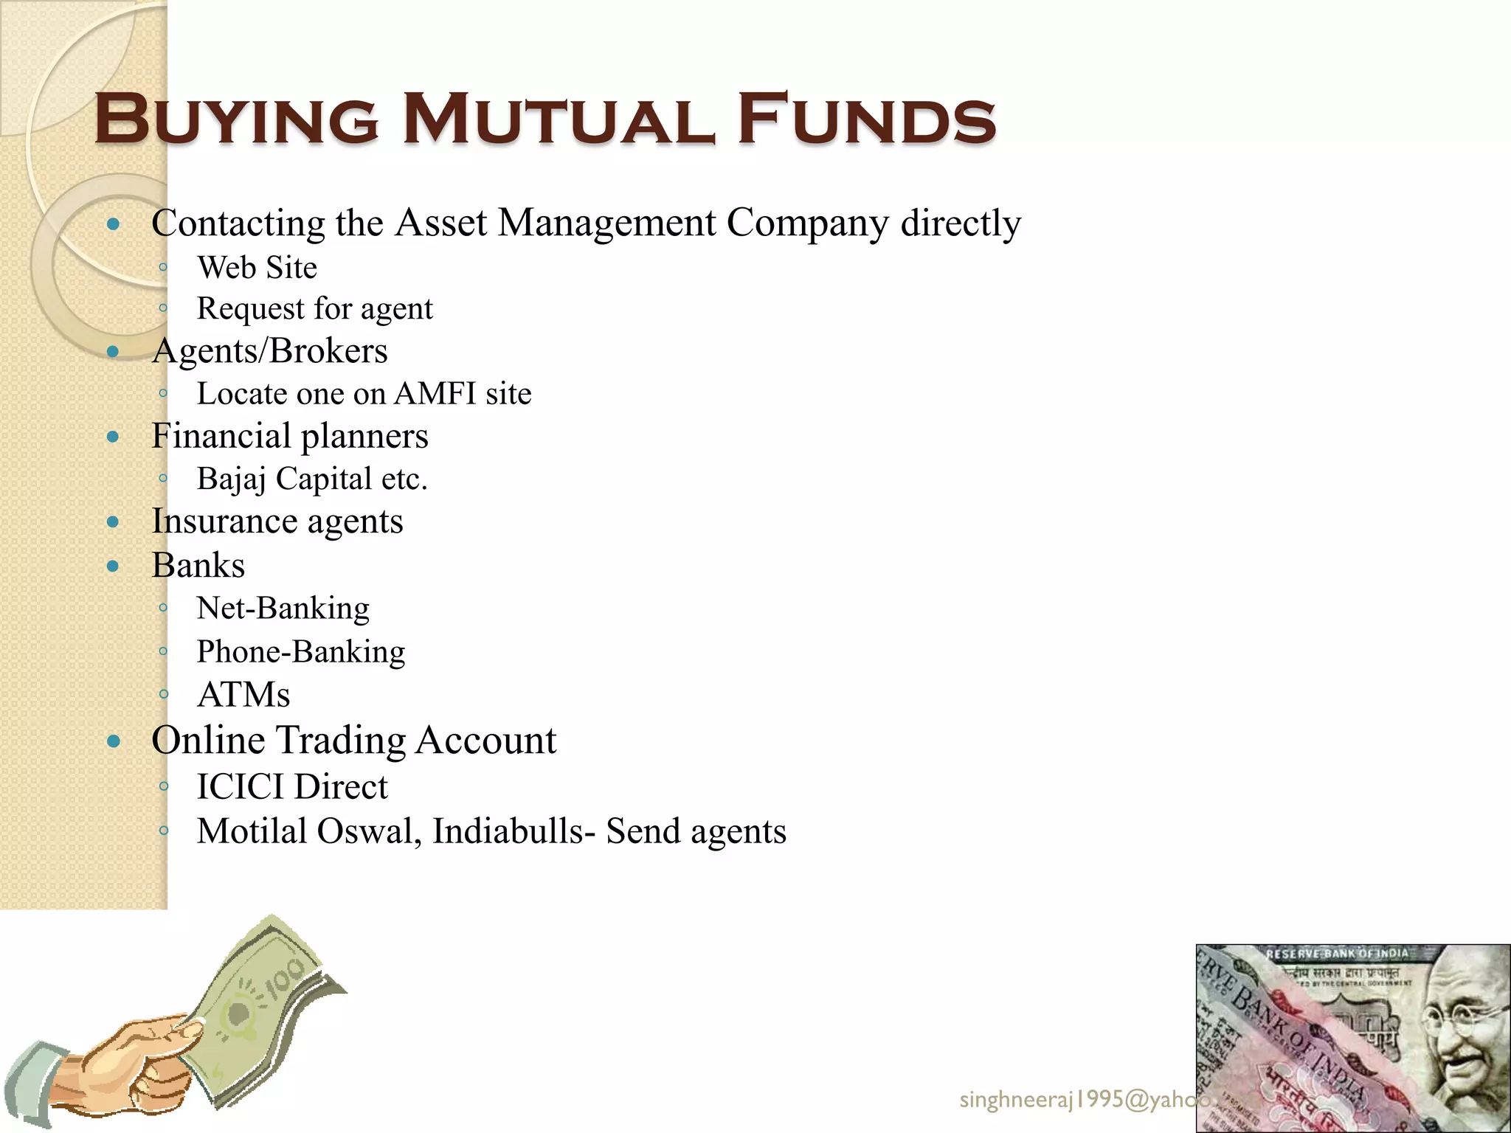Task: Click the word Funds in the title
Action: click(x=867, y=119)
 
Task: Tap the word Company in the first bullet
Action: click(x=807, y=223)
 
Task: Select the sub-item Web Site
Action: click(x=257, y=268)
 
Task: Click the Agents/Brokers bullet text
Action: click(x=269, y=351)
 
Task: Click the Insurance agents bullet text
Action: click(x=277, y=522)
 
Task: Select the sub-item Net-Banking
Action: click(x=283, y=609)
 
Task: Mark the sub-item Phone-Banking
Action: click(x=301, y=652)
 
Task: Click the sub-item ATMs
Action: click(x=243, y=695)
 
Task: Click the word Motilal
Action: click(x=252, y=831)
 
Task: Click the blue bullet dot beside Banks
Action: click(x=113, y=566)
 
